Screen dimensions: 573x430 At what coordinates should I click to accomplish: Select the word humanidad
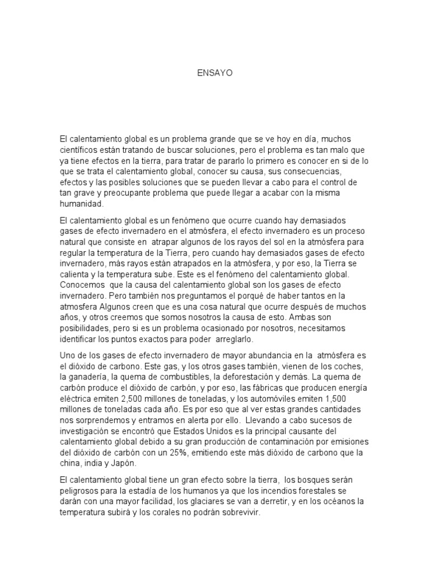click(82, 204)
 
